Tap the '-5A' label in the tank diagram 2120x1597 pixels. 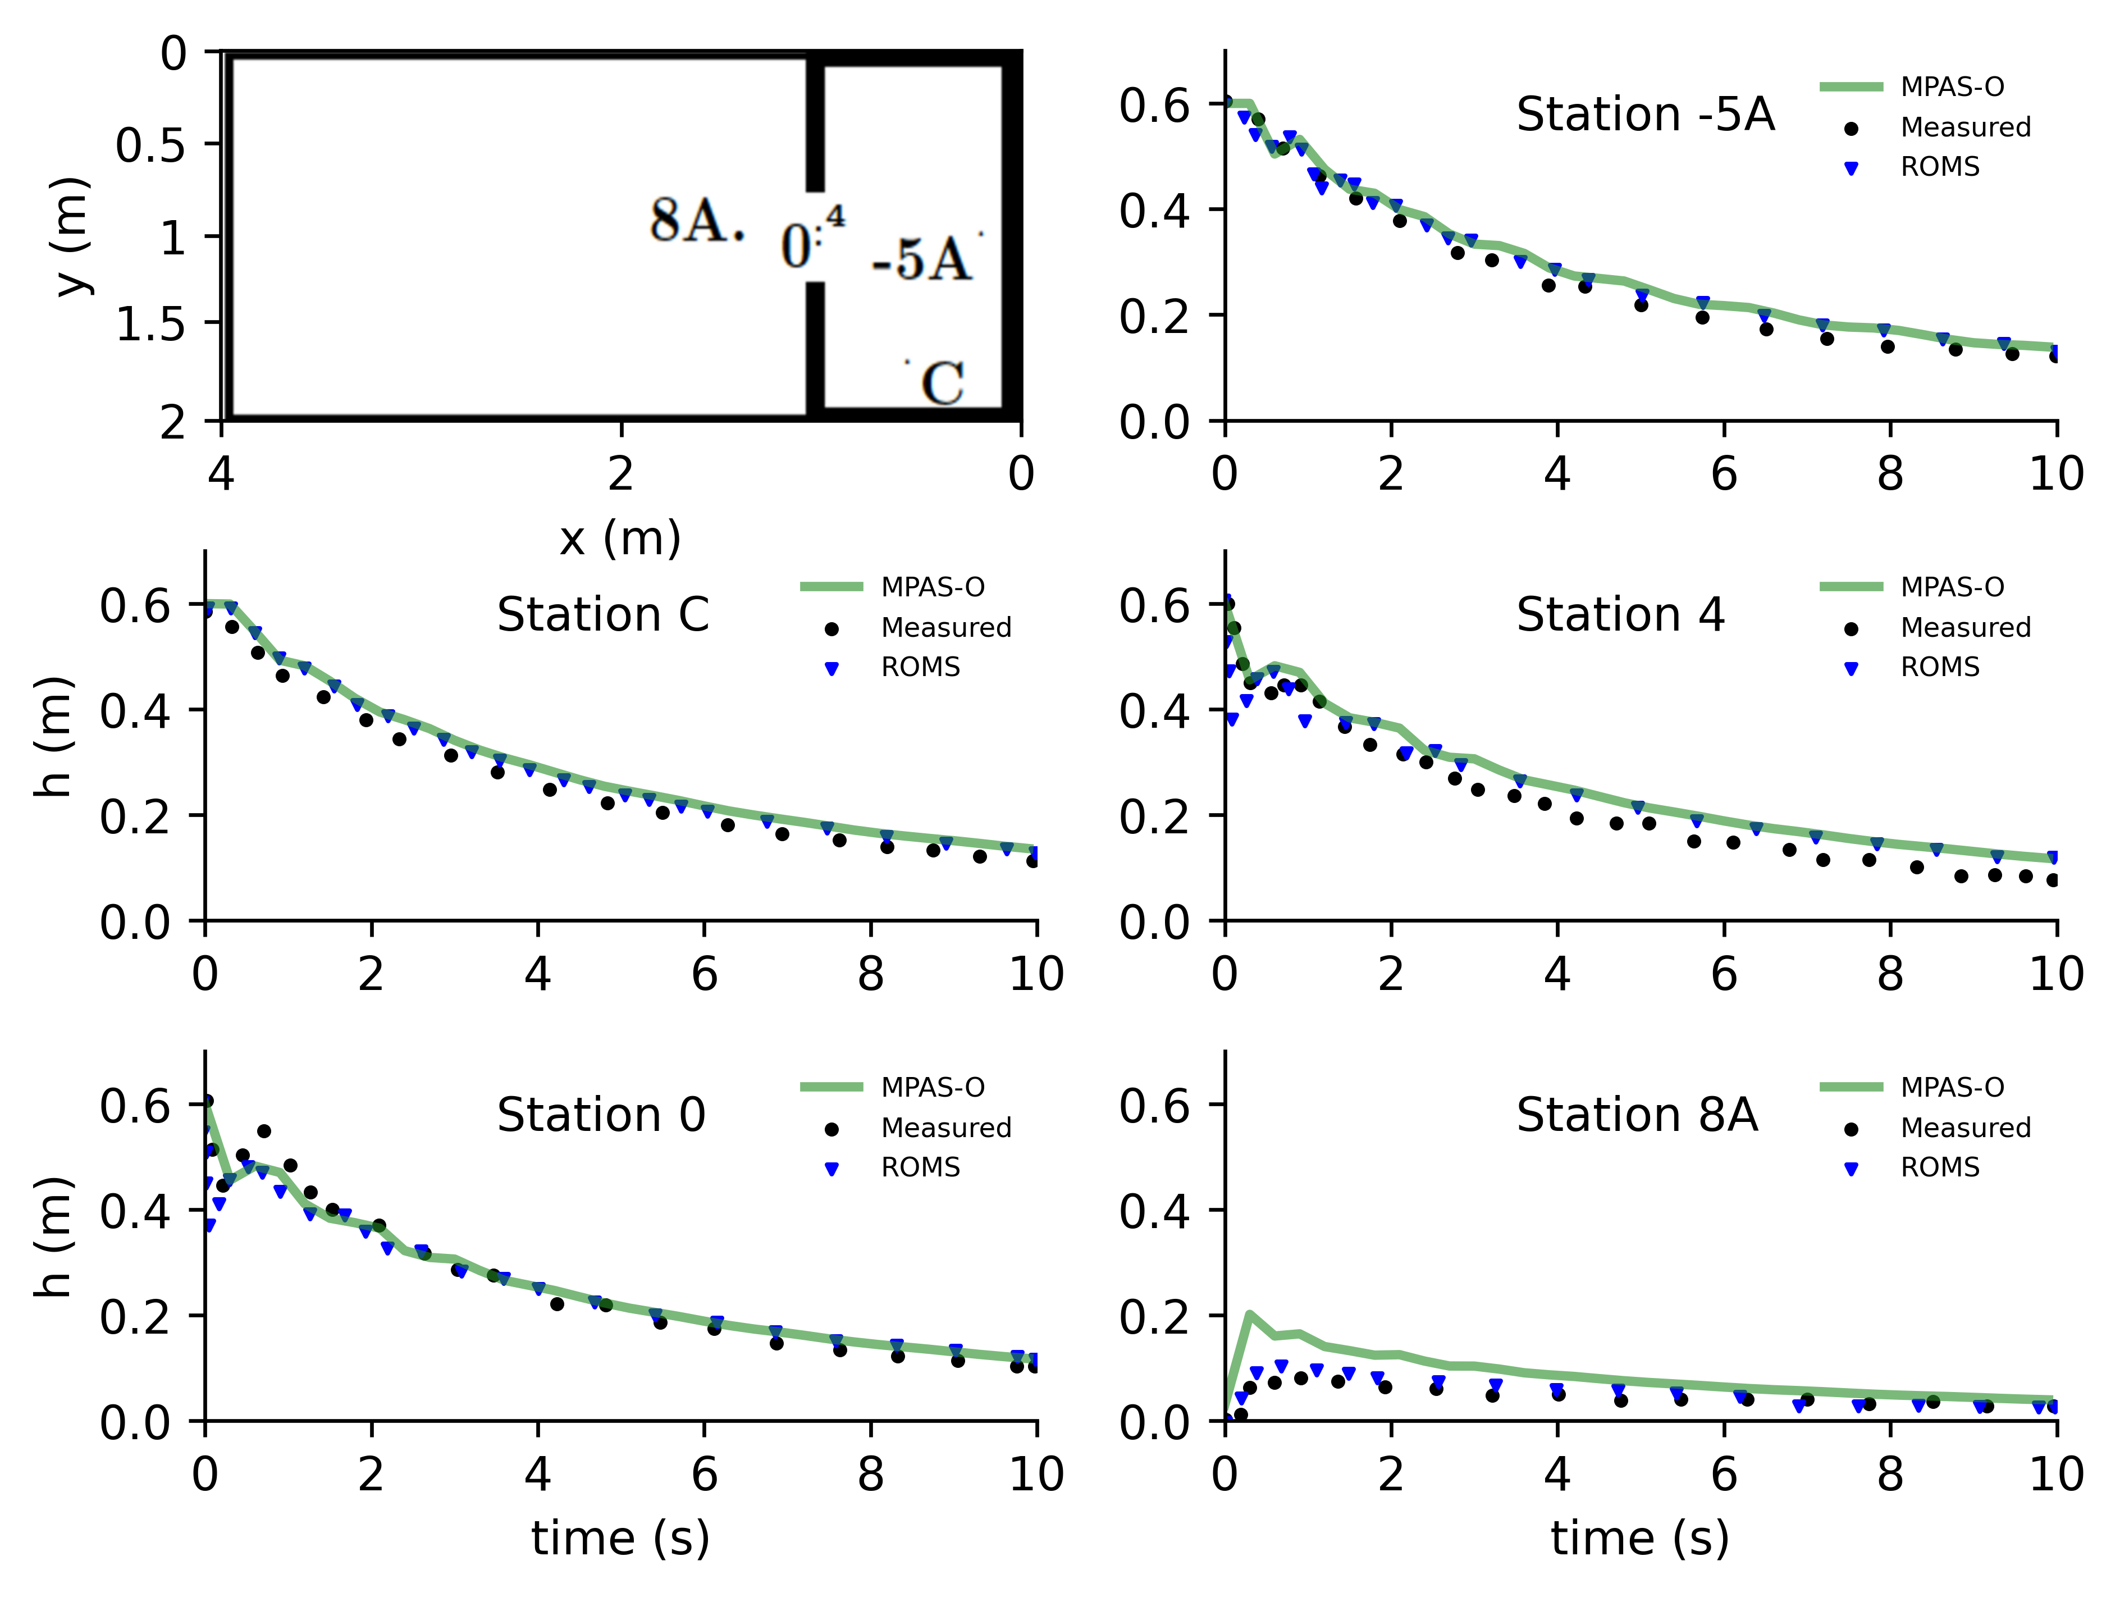[921, 259]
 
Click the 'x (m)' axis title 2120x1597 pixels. [620, 538]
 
